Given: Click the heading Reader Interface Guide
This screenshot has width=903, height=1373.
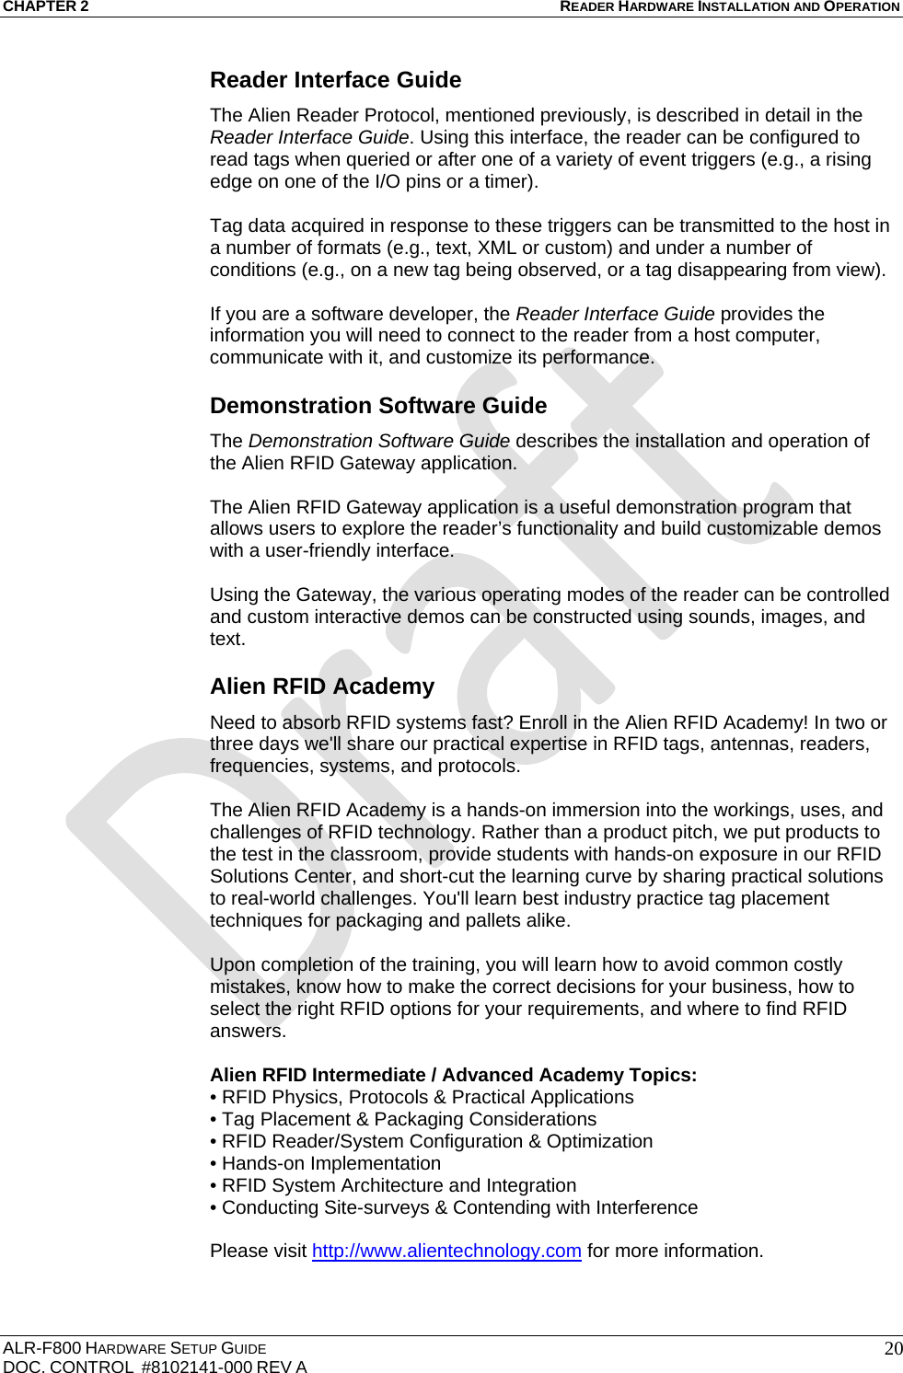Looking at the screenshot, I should tap(335, 80).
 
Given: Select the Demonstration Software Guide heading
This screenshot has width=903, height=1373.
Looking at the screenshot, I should tap(377, 406).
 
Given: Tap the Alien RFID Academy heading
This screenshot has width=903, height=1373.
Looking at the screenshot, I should tap(321, 686).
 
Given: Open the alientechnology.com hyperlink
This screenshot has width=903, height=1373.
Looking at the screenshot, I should tap(446, 1252).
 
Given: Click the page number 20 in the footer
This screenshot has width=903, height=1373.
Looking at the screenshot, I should tap(892, 1349).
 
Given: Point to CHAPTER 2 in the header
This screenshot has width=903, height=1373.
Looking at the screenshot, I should tap(45, 6).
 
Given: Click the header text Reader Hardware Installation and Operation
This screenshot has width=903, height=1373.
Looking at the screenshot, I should tap(729, 6).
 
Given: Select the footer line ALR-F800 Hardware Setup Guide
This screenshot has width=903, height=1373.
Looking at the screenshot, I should tap(134, 1348).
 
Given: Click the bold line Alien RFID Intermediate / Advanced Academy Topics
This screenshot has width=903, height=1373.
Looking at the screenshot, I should tap(453, 1075).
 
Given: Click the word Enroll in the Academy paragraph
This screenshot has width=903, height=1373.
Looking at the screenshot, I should tap(544, 722).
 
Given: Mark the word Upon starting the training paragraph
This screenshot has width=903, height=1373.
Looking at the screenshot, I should tap(233, 964).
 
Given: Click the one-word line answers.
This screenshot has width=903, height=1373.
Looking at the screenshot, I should tap(247, 1031).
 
